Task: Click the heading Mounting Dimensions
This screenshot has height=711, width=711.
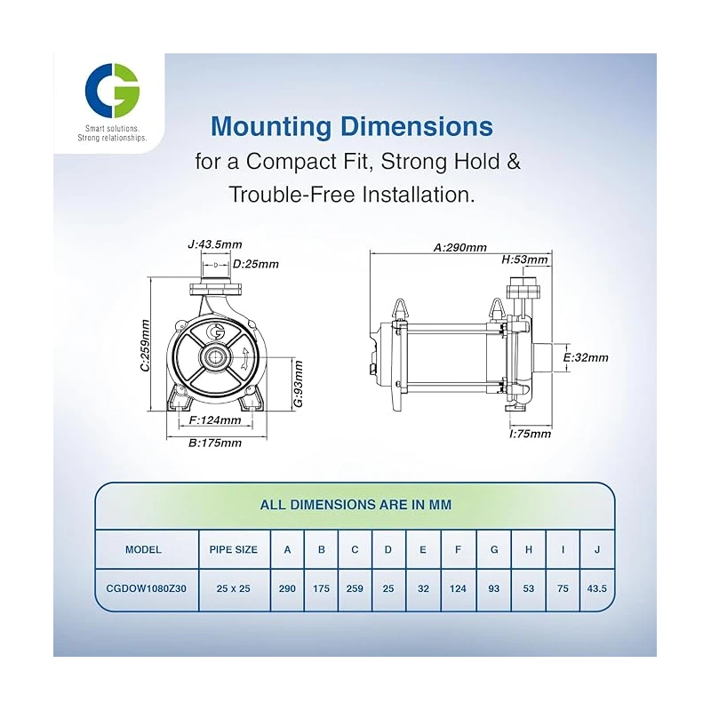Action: coord(352,125)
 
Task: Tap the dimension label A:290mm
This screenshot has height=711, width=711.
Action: coord(459,248)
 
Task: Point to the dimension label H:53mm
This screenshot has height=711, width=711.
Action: coord(526,260)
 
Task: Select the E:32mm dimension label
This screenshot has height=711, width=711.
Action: coord(586,357)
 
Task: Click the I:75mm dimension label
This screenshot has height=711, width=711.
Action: coord(530,434)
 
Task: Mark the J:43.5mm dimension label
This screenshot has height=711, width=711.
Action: coord(215,244)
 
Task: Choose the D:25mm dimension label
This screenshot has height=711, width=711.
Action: coord(255,264)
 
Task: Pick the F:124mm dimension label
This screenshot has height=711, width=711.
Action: coord(216,419)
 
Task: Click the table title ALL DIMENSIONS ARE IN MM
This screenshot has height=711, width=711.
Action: coord(355,505)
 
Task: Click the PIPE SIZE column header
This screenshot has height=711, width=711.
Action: coord(233,549)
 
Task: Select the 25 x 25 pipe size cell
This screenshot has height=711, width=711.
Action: coord(233,588)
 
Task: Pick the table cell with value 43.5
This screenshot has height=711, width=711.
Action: coord(597,588)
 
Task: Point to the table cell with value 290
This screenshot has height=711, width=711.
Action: coord(287,588)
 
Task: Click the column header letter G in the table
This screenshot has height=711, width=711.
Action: coord(493,549)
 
